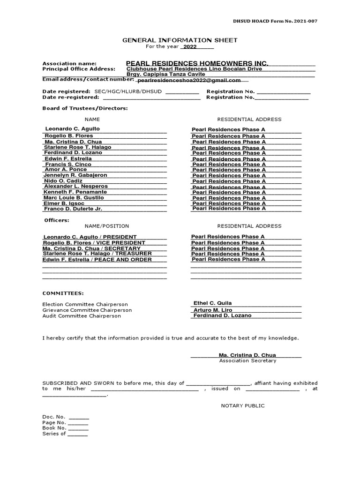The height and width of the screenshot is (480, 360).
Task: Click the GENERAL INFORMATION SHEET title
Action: click(x=180, y=40)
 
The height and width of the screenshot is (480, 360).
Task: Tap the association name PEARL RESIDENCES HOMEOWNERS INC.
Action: click(x=197, y=63)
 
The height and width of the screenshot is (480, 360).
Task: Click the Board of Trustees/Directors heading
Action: click(x=85, y=108)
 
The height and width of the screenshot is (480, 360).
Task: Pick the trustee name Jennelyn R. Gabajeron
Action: click(x=75, y=175)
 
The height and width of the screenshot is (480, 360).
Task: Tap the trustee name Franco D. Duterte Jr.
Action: click(x=73, y=209)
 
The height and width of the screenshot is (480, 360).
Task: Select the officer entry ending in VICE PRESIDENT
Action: click(x=94, y=243)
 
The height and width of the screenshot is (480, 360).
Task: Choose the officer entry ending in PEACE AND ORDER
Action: click(x=97, y=260)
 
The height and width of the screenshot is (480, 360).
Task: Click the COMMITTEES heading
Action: click(x=63, y=293)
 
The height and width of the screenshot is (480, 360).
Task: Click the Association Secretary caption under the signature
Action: click(x=247, y=360)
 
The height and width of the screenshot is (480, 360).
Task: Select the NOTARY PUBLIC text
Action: click(x=243, y=405)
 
